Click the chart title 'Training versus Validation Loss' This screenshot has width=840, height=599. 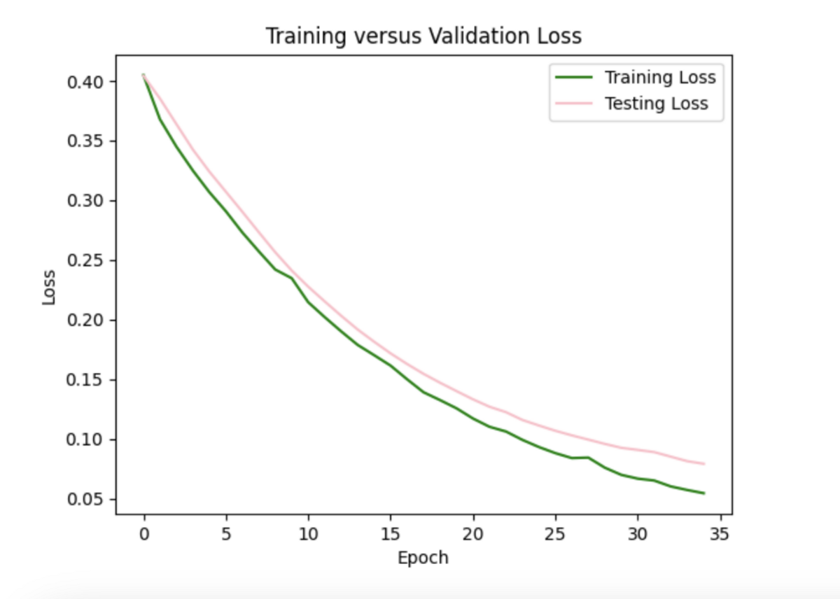tap(423, 36)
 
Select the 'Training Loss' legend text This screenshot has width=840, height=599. tap(660, 76)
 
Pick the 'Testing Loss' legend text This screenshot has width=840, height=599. tap(656, 104)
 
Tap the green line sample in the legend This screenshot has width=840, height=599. tap(573, 76)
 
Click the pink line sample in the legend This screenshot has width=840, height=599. tap(573, 104)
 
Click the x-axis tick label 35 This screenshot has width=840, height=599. tap(720, 535)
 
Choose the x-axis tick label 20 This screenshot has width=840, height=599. tap(473, 535)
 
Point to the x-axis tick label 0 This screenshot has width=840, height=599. tap(144, 535)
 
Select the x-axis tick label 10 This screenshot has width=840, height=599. tap(309, 535)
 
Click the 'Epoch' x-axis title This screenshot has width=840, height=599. tap(423, 558)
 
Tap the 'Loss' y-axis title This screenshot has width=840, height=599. tap(49, 287)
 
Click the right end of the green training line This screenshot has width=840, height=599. tap(703, 493)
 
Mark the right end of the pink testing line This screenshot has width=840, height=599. tap(703, 464)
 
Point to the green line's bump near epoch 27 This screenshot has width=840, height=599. tap(588, 458)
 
